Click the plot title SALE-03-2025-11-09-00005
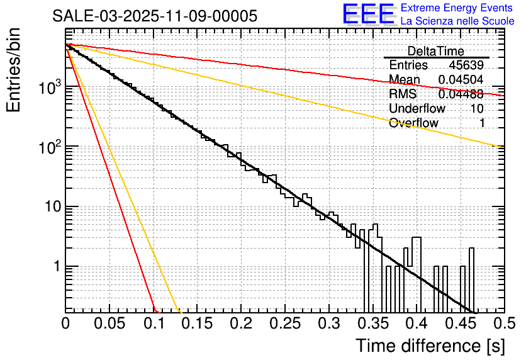click(x=154, y=16)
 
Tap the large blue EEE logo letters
click(x=367, y=15)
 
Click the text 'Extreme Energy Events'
click(x=457, y=8)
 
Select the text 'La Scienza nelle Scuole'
click(x=457, y=21)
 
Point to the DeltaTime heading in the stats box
click(x=435, y=51)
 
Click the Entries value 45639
click(x=466, y=65)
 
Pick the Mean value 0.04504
click(x=461, y=80)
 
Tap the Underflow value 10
click(x=476, y=109)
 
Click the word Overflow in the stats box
click(x=413, y=123)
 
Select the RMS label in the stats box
click(x=403, y=94)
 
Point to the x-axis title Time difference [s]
click(x=430, y=346)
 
